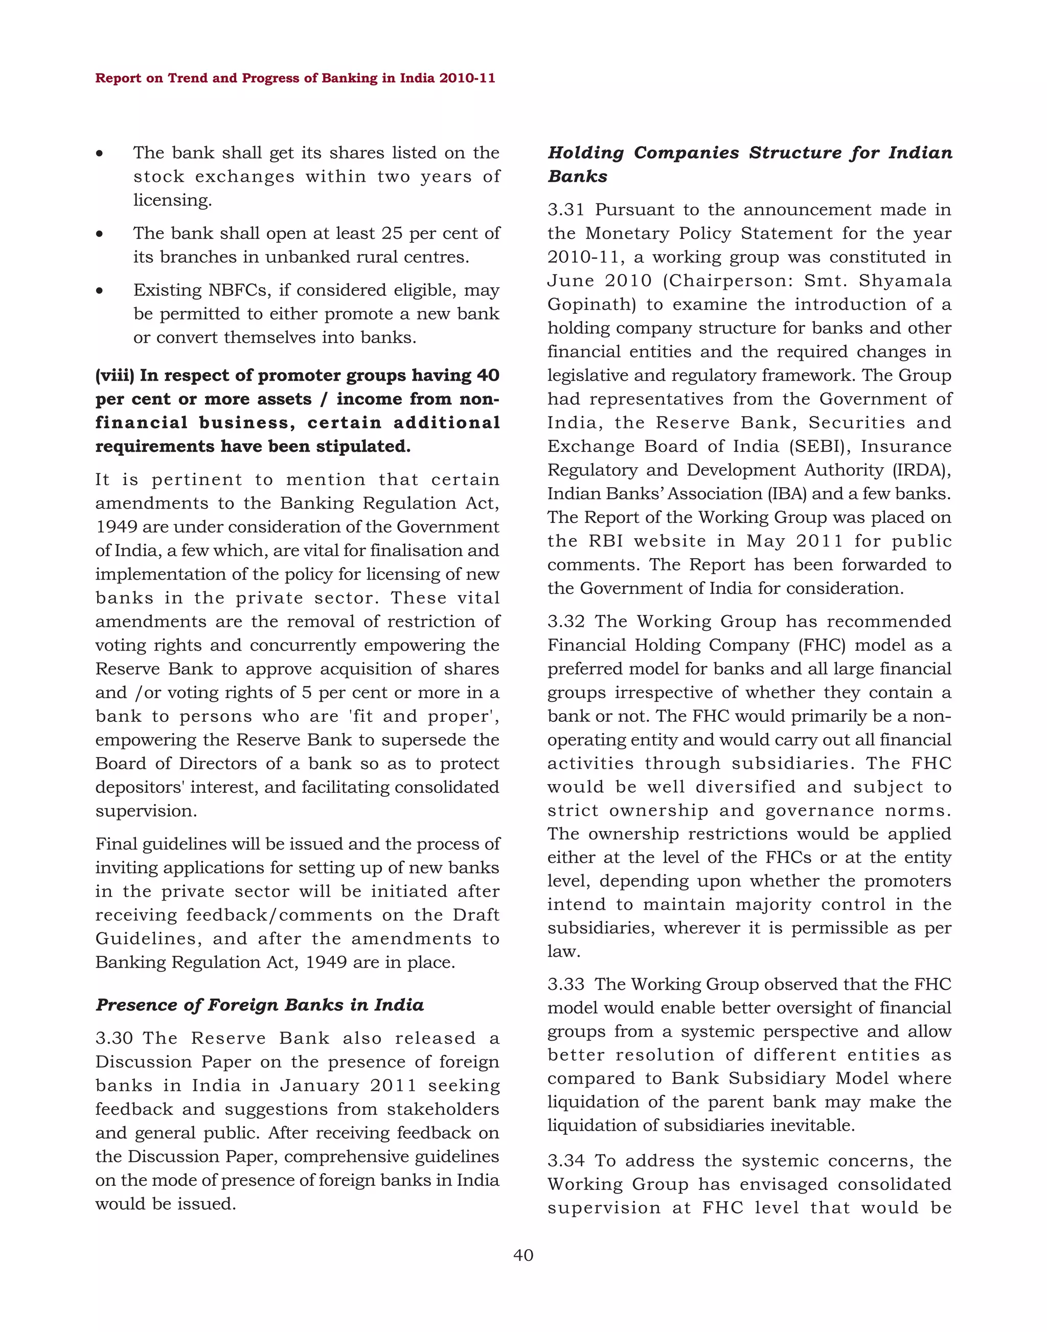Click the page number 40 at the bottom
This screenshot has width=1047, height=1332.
(x=523, y=1255)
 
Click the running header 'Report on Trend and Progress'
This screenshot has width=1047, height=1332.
(x=295, y=78)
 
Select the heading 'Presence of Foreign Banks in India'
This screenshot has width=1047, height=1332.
(x=259, y=1005)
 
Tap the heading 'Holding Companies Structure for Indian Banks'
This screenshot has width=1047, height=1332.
(x=749, y=164)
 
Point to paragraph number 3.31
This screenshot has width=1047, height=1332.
(x=565, y=210)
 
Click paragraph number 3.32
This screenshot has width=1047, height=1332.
(x=566, y=621)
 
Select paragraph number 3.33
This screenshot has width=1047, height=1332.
(x=566, y=984)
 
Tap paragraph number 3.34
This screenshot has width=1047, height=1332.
(x=566, y=1160)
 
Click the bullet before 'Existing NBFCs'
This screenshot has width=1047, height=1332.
(x=99, y=290)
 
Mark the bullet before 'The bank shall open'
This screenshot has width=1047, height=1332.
(x=99, y=234)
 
